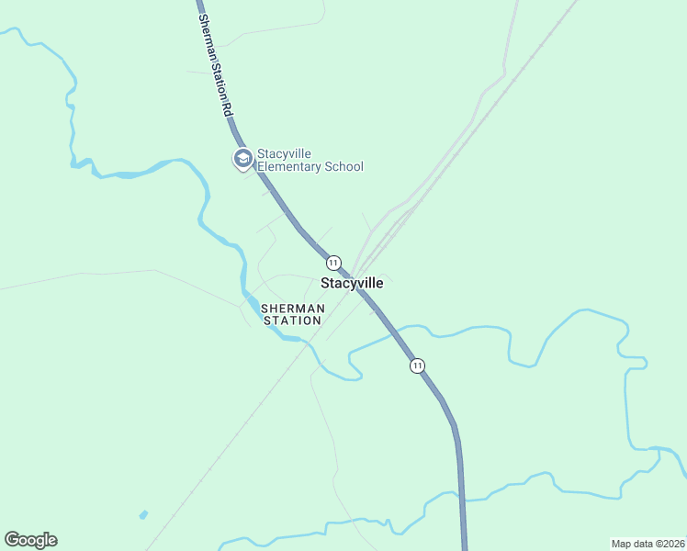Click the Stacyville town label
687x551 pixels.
352,284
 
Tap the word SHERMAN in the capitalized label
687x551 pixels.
292,309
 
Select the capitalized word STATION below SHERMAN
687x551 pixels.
292,320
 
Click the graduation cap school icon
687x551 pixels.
242,160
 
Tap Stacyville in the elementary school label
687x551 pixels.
287,153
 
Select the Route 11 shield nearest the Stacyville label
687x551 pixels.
333,263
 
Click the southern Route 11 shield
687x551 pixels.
418,365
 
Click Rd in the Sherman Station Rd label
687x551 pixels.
227,106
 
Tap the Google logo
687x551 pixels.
30,540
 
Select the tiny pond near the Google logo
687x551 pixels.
142,514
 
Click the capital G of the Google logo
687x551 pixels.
12,540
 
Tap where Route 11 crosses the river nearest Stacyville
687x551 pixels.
396,333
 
